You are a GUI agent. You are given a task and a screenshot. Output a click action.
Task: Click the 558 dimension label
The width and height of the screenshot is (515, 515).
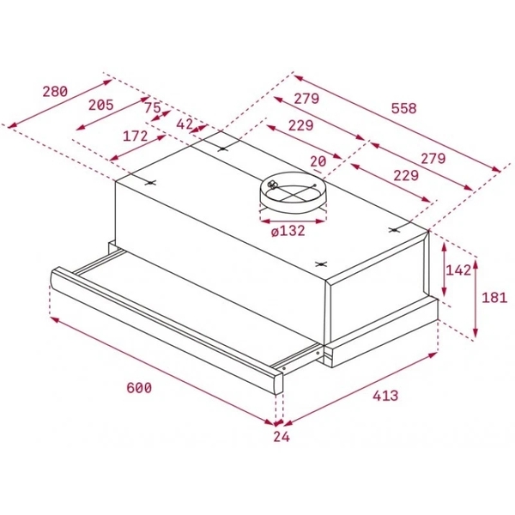(x=403, y=109)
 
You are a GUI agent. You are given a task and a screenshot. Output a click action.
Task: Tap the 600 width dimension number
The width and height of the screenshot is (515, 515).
(x=138, y=388)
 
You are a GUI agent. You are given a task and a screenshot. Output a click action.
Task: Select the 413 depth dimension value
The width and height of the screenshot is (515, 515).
(x=385, y=397)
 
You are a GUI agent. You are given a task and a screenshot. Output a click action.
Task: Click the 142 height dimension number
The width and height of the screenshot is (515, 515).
(x=459, y=270)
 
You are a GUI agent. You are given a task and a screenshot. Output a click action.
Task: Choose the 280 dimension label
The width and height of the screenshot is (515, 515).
(x=55, y=92)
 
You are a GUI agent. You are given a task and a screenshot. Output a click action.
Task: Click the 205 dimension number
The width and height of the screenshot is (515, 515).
(x=101, y=105)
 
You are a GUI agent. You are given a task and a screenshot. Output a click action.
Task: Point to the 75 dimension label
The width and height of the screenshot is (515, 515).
(x=152, y=108)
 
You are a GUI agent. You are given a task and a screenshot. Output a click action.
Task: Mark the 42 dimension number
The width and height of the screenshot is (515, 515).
(x=185, y=124)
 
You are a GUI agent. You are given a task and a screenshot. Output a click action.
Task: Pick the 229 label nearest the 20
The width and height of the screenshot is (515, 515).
(x=404, y=176)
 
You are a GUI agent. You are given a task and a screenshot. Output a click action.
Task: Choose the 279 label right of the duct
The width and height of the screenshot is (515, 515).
(x=433, y=158)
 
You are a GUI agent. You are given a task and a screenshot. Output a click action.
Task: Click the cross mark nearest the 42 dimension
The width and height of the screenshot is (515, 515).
(x=222, y=148)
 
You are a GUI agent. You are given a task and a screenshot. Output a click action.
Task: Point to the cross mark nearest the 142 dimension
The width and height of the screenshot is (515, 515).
(x=396, y=230)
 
